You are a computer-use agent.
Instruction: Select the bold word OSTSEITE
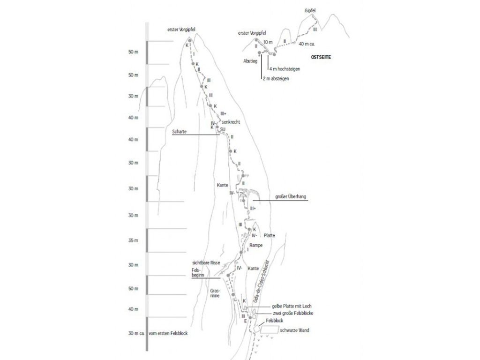321,57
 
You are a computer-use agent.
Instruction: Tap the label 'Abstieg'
250,61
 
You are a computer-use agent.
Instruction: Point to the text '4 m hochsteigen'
285,69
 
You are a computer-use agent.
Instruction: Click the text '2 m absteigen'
276,79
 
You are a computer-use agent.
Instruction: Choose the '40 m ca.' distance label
307,44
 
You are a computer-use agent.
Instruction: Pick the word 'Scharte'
179,132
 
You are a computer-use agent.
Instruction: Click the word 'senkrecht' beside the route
231,122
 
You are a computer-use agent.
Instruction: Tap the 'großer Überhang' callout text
291,197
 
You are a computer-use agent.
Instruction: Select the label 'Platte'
269,235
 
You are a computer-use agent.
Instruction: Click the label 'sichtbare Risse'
206,263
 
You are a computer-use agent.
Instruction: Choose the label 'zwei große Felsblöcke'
292,313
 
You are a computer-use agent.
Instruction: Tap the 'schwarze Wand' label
294,330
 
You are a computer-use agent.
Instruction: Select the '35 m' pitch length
134,241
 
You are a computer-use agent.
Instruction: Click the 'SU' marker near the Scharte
223,129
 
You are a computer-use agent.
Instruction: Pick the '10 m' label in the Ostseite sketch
268,42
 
